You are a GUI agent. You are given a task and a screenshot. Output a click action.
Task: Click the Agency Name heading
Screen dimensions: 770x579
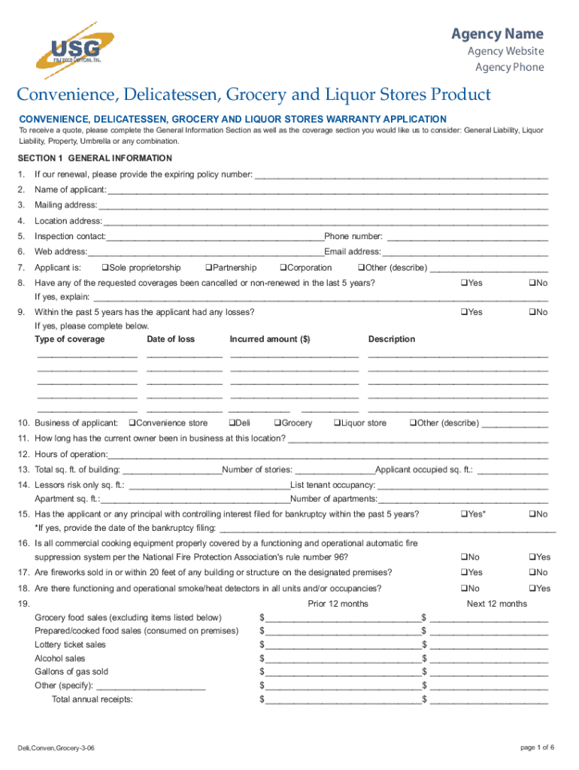point(496,34)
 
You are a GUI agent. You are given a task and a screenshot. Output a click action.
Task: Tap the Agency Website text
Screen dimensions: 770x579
point(505,51)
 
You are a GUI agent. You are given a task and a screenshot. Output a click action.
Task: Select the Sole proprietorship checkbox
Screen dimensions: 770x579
point(105,268)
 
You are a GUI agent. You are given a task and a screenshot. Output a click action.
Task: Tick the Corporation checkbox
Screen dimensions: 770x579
point(283,268)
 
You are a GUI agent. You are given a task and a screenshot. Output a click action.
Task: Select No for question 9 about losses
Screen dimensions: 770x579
point(531,312)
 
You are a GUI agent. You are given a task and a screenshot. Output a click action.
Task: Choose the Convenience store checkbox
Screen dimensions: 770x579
point(132,423)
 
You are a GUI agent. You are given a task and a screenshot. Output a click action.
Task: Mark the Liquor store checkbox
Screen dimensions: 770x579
point(337,423)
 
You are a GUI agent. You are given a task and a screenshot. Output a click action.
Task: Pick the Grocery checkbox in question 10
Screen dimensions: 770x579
point(277,423)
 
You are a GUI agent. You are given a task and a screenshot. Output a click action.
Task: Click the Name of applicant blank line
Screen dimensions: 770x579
point(327,191)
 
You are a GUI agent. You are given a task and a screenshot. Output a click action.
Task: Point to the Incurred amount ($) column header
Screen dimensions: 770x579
point(270,339)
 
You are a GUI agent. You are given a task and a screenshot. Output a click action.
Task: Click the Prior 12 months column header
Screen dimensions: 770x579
point(338,604)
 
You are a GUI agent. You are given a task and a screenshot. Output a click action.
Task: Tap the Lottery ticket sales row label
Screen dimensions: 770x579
point(70,644)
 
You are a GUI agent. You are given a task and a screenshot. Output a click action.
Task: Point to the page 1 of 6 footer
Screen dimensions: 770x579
point(537,747)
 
